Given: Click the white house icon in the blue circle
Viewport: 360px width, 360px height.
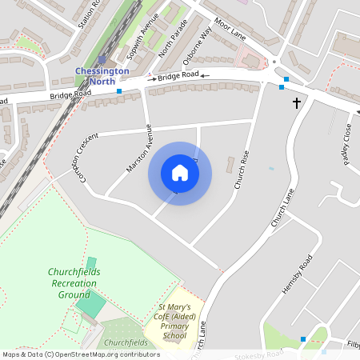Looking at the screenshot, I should [x=180, y=173].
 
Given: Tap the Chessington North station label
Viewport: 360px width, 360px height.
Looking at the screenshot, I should [x=101, y=75].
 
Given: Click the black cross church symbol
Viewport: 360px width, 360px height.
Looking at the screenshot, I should [x=297, y=102].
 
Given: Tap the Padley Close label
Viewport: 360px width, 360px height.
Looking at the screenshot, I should [x=346, y=141].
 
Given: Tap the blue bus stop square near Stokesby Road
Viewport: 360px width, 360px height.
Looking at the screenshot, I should [x=302, y=339].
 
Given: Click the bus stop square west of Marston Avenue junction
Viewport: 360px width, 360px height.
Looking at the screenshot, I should [x=119, y=92].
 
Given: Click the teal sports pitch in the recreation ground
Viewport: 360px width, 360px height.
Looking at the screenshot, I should [x=90, y=304].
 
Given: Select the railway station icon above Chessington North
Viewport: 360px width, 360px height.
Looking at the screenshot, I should [x=102, y=59].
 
